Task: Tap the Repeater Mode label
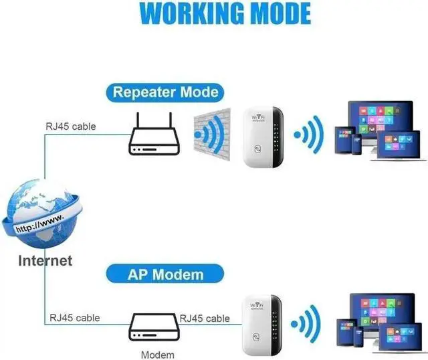165,92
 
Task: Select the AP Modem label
165,273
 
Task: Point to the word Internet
45,260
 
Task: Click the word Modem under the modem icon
158,355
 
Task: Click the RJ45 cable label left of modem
74,318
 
